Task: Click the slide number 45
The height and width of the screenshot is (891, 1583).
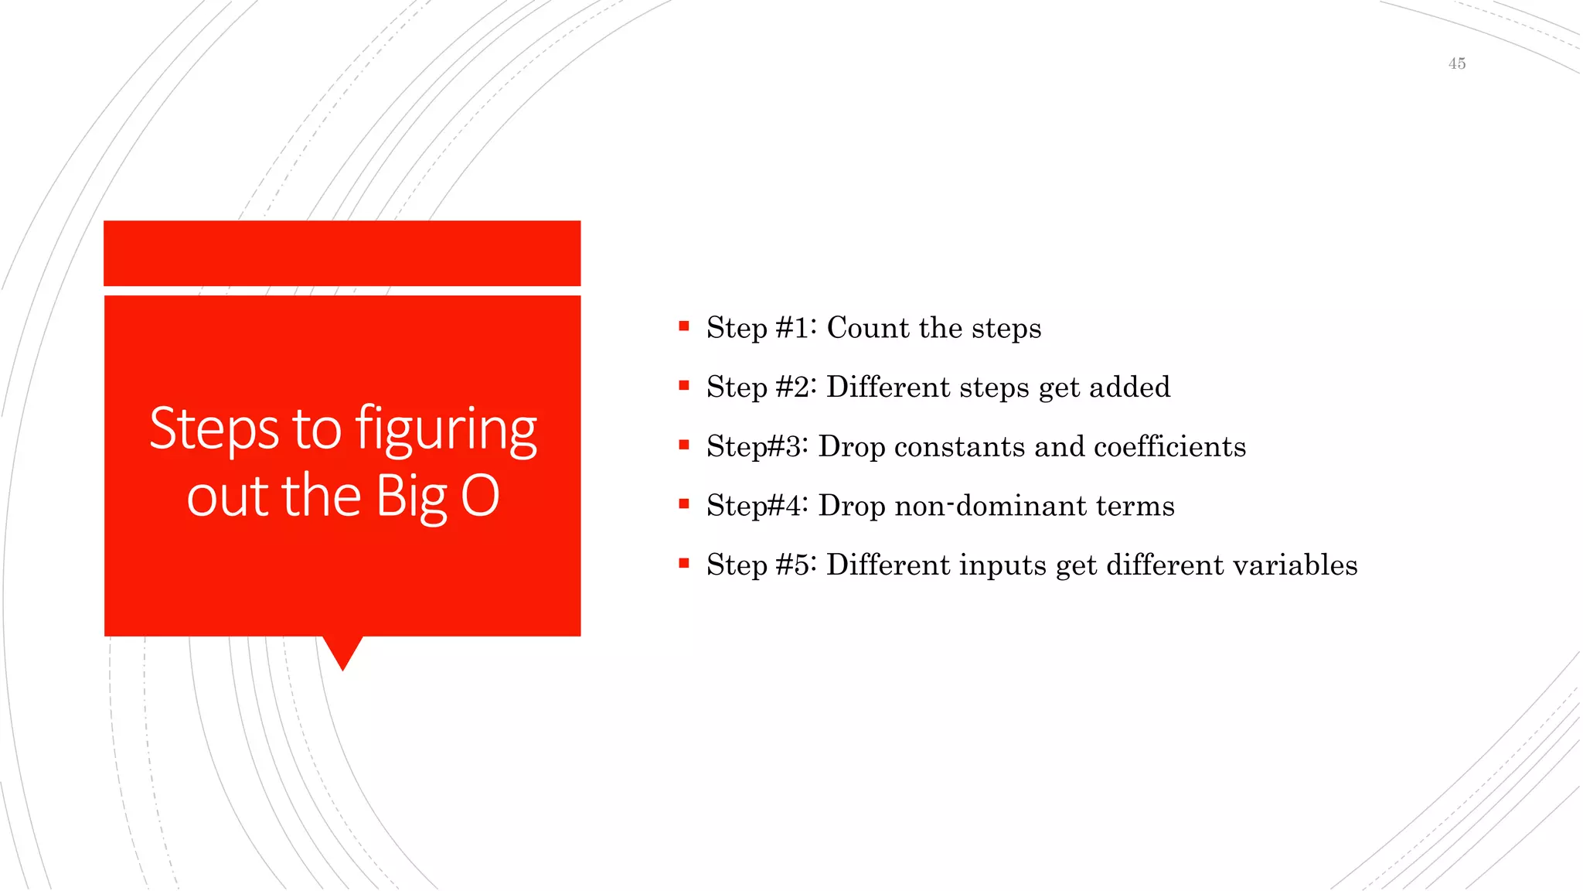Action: [x=1456, y=63]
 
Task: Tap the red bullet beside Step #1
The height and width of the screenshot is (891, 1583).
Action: [x=683, y=326]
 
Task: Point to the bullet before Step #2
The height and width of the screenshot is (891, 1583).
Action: [x=683, y=385]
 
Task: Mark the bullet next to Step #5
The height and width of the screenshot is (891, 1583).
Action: [x=683, y=563]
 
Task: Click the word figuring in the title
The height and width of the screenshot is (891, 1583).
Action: [x=446, y=430]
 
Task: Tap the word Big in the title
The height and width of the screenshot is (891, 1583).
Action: [x=412, y=497]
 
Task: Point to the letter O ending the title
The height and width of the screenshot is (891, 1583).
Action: [x=480, y=496]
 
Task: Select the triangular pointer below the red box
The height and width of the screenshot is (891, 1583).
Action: [x=342, y=651]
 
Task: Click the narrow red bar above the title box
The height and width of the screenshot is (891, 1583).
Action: [x=342, y=253]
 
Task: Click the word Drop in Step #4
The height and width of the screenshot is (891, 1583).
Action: [x=852, y=506]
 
